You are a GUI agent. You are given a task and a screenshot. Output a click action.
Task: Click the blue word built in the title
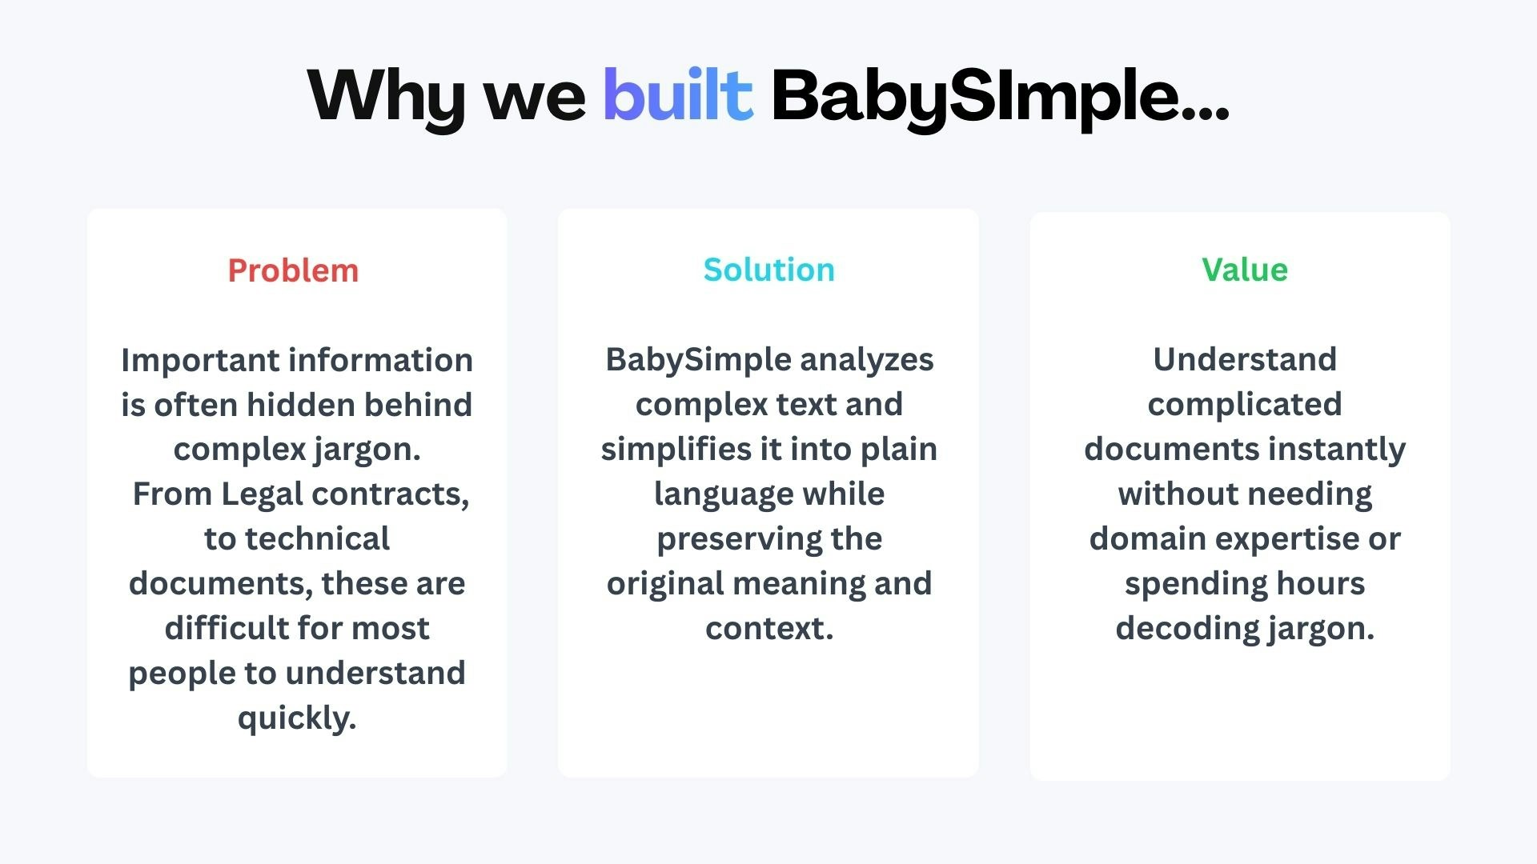677,95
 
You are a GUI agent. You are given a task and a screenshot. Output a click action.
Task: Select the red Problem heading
293,270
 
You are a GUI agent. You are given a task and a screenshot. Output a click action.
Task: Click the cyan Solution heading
768,270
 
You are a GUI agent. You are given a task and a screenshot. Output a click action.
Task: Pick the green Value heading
1244,270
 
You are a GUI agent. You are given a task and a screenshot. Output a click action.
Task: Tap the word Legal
262,494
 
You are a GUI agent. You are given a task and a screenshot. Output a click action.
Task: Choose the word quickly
296,718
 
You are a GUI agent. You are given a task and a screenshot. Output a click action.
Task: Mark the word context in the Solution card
767,629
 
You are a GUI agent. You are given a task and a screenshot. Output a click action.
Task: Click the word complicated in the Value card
1244,405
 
